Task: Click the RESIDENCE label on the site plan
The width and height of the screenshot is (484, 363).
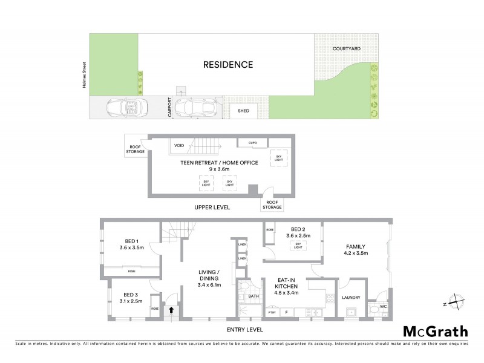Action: (227, 65)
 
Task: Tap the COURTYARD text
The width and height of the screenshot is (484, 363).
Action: (346, 48)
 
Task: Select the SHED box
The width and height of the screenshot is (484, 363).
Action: (243, 111)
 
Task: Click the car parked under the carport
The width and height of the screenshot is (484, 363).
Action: (195, 108)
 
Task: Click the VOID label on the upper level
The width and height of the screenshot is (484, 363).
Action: (179, 145)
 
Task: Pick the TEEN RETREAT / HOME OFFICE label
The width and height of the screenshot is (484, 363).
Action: (219, 162)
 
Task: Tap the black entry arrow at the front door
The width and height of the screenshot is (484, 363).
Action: (172, 310)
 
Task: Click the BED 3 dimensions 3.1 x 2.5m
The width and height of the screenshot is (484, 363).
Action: (131, 300)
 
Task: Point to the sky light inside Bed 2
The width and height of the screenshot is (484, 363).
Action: (296, 245)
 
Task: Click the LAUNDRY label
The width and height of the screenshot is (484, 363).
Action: (352, 297)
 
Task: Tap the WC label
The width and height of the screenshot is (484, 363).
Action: (382, 296)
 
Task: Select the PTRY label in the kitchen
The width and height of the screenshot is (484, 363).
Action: (272, 312)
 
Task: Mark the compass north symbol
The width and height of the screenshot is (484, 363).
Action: (458, 299)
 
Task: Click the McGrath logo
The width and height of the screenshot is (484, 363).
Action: (436, 331)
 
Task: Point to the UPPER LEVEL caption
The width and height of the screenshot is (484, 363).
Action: (212, 207)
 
